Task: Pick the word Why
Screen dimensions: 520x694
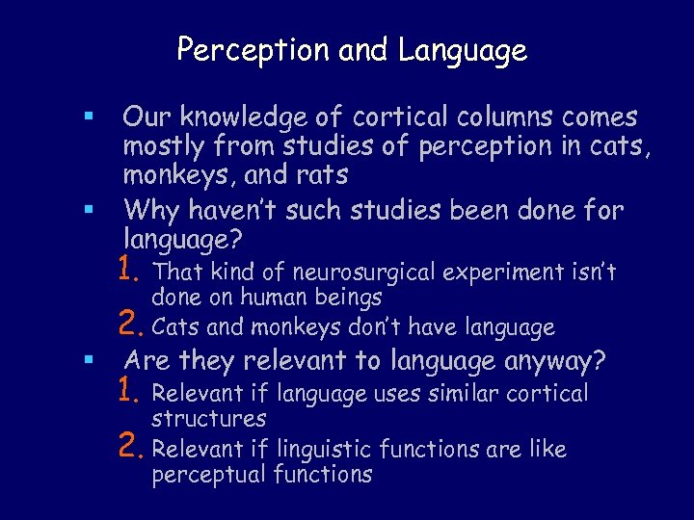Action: click(149, 209)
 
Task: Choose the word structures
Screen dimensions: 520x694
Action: click(209, 418)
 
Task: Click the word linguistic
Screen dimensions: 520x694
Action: click(324, 449)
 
